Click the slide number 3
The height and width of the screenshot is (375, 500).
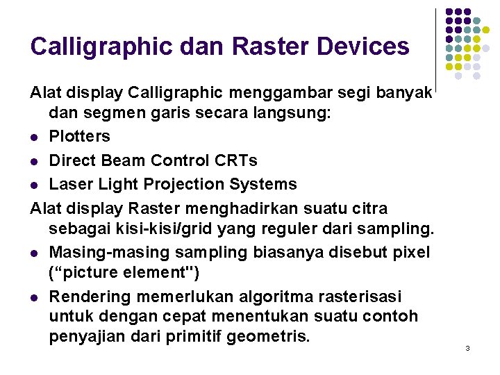pyautogui.click(x=467, y=347)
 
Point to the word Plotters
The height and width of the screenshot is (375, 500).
pyautogui.click(x=79, y=137)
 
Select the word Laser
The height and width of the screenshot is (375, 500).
pyautogui.click(x=70, y=184)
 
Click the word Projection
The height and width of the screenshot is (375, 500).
pyautogui.click(x=194, y=184)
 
